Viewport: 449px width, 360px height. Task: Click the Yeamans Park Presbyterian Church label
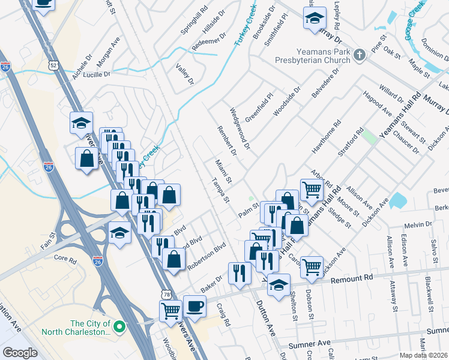[313, 56]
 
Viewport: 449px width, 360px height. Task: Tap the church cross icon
[359, 56]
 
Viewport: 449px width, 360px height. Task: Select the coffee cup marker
[194, 306]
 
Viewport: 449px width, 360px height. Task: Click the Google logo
[20, 353]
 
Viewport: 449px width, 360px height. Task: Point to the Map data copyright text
[424, 355]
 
